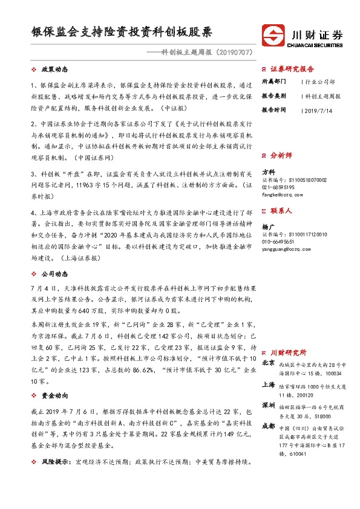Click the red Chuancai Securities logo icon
272,34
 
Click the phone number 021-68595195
278,187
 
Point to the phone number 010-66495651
278,240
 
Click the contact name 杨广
267,225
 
